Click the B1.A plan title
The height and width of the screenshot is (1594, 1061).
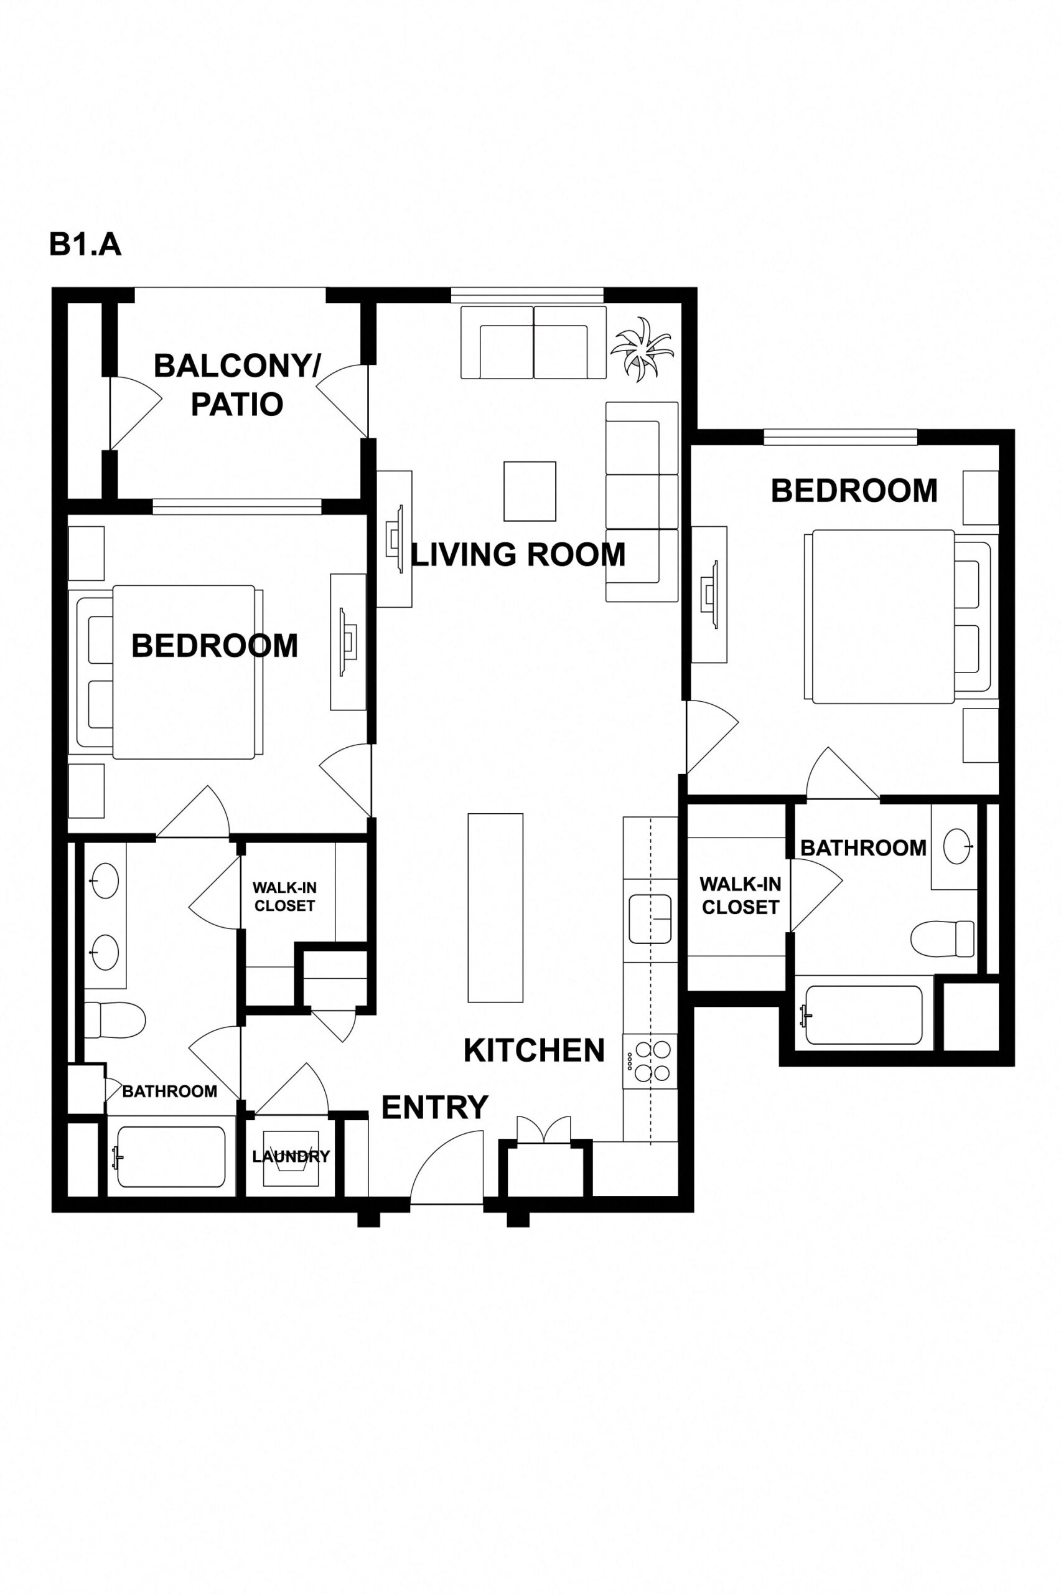(85, 245)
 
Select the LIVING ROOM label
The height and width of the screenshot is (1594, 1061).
(518, 555)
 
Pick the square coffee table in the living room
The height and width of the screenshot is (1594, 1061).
(530, 491)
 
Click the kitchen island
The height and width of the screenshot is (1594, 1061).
(495, 908)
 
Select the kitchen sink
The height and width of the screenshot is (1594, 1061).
(650, 918)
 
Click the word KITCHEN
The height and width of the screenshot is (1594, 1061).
(534, 1050)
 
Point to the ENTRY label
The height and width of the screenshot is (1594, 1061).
(434, 1108)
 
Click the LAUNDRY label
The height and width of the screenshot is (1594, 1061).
(291, 1157)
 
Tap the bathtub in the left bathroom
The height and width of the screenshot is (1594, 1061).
(171, 1157)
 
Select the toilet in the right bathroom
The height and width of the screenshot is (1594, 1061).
(942, 939)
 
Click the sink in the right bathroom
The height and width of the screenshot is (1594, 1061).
(956, 846)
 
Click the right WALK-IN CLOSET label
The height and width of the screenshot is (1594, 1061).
(741, 895)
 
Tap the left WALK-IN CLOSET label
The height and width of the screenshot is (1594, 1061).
(284, 896)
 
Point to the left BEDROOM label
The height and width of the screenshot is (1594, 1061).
(215, 646)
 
